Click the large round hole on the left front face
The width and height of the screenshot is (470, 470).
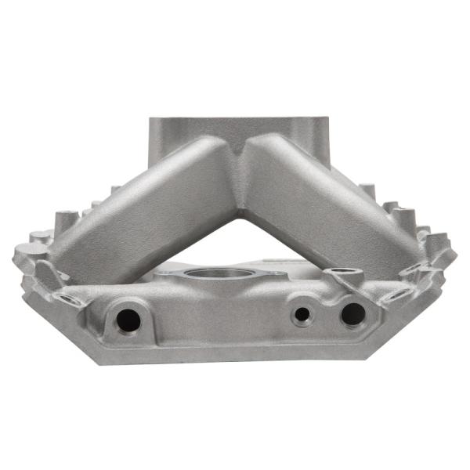point(126,318)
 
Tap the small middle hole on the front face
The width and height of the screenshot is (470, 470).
point(302,316)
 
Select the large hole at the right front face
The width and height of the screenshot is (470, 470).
point(352,313)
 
